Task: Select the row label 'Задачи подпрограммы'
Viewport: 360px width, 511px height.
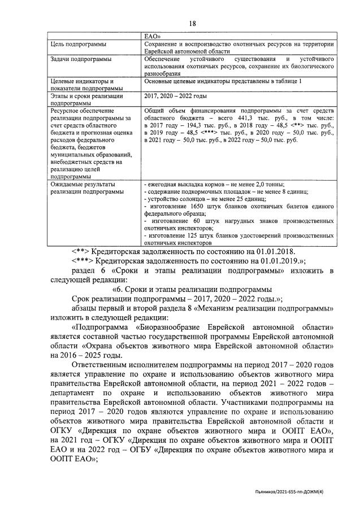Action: (73, 59)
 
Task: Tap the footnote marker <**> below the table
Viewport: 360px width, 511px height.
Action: (81, 251)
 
